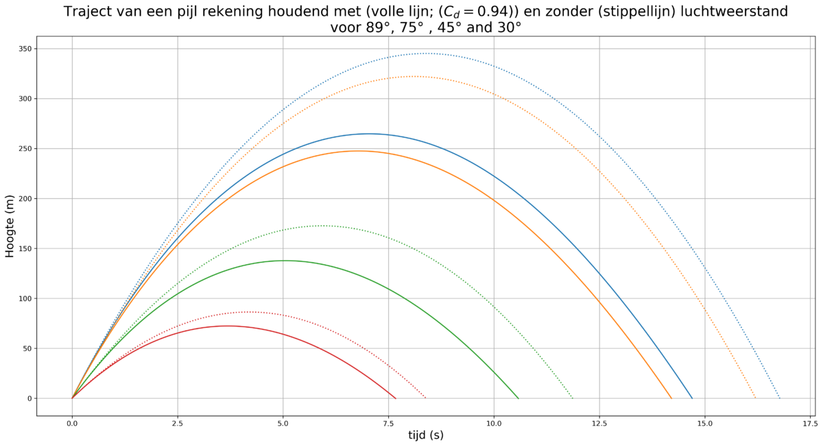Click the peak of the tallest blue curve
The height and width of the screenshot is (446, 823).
coord(426,53)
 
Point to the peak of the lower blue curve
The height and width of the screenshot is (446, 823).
coord(368,134)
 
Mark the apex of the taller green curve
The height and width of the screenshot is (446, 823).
coord(323,225)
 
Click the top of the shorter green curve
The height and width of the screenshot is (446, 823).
coord(287,260)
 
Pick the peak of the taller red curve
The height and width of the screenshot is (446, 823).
coord(250,312)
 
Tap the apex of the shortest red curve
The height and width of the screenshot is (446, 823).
coord(228,326)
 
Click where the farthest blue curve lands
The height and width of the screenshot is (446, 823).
coord(779,398)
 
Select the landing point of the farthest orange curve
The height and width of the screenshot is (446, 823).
coord(755,398)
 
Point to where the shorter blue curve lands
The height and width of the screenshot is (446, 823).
coord(691,398)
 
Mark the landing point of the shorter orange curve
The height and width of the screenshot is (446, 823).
coord(671,398)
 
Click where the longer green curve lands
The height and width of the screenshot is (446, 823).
coord(572,398)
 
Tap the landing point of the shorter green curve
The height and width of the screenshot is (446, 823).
coord(518,398)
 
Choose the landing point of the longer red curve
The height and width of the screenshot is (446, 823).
coord(426,398)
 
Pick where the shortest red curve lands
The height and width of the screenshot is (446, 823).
coord(396,398)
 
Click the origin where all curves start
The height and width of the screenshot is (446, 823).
coord(73,398)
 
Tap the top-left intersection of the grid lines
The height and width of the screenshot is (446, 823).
coord(73,49)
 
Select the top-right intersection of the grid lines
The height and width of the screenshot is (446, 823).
coord(811,49)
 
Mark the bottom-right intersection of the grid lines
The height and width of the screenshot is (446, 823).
coord(811,398)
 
